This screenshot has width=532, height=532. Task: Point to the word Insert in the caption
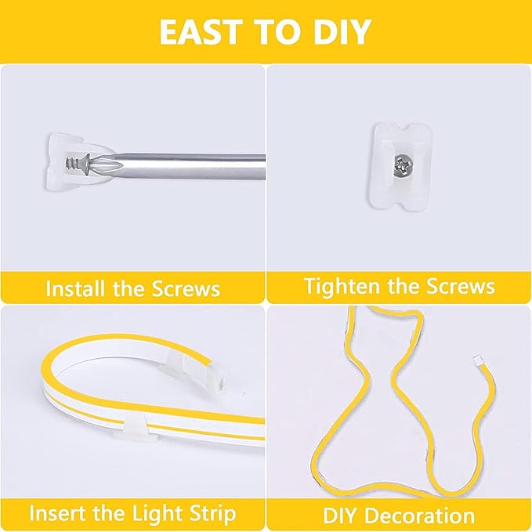(56, 514)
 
